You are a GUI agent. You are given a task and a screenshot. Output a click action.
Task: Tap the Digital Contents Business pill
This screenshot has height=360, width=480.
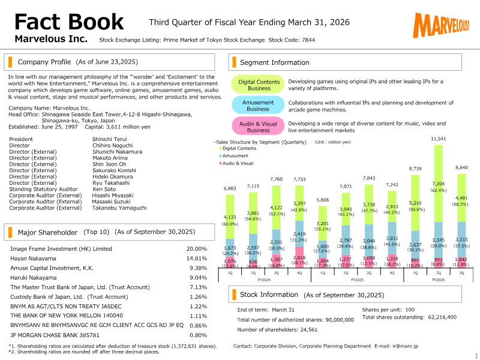[259, 85]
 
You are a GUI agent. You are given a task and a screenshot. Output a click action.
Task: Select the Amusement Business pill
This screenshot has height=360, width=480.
[258, 106]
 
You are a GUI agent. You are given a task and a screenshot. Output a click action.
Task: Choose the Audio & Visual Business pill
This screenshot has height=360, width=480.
[258, 127]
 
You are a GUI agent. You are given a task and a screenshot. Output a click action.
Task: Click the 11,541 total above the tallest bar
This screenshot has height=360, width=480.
[439, 139]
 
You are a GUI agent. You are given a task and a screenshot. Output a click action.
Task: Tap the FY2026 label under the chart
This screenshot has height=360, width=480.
[439, 280]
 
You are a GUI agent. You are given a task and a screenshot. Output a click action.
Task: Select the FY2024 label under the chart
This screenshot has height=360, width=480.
[263, 280]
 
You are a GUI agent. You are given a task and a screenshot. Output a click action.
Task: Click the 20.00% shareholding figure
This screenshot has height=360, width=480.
[196, 248]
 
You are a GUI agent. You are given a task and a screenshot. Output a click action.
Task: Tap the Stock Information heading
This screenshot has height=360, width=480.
[269, 295]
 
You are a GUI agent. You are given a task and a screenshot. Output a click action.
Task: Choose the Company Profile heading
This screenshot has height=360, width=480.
[44, 62]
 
